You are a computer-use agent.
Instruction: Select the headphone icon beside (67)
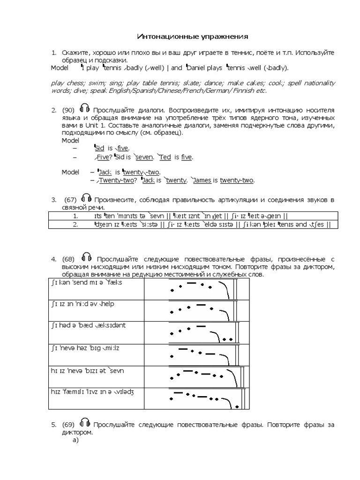(86, 199)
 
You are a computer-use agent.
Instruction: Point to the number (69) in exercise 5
(68, 425)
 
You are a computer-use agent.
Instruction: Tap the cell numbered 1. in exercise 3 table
(75, 216)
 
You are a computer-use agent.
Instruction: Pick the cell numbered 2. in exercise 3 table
(75, 225)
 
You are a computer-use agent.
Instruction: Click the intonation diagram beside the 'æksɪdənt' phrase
(202, 332)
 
